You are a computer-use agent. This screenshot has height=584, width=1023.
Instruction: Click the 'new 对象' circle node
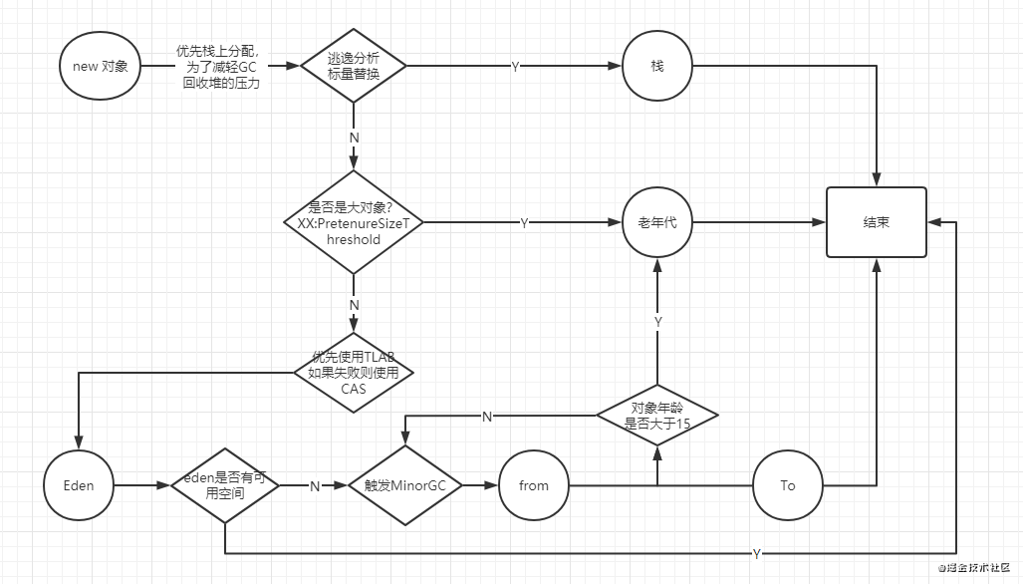[101, 67]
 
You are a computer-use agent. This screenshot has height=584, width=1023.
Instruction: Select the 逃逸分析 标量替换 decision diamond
[353, 66]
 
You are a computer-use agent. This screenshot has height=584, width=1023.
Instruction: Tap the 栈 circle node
[657, 66]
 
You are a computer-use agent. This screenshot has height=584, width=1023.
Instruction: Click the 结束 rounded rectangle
[877, 222]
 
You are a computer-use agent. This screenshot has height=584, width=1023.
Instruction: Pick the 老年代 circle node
[657, 222]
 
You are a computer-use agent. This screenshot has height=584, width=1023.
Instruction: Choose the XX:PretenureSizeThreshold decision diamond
[353, 223]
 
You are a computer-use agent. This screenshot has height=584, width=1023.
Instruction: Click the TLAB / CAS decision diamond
[354, 373]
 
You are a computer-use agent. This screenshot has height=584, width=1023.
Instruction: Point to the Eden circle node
[79, 485]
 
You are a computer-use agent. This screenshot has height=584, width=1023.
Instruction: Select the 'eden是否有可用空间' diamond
[225, 485]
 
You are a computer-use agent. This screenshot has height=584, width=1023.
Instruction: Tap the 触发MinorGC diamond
[404, 485]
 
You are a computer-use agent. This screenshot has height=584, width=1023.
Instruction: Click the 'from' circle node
[534, 485]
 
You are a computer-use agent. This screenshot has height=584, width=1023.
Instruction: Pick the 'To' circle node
[788, 485]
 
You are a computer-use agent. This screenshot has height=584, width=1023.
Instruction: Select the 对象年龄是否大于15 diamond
[657, 415]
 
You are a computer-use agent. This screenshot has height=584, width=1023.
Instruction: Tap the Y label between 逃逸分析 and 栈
[515, 67]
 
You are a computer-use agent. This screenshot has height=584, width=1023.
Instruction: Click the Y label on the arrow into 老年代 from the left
[524, 223]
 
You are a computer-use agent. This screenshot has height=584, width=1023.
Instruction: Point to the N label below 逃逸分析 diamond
[354, 136]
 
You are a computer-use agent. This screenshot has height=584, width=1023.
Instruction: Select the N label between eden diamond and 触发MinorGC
[315, 486]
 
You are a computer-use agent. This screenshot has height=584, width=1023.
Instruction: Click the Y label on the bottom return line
[757, 553]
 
